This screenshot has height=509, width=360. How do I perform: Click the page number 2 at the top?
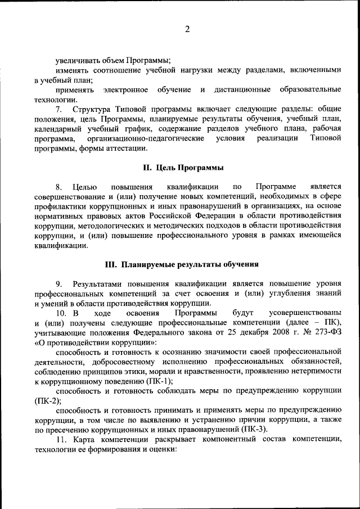(187, 30)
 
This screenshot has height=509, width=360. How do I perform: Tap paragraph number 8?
(58, 186)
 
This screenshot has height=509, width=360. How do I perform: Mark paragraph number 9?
(58, 283)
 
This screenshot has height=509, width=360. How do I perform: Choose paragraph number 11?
(61, 438)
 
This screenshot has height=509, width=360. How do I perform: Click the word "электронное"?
(126, 90)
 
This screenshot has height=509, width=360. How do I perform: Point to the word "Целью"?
(85, 186)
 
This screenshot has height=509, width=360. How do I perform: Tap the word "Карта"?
(82, 438)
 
